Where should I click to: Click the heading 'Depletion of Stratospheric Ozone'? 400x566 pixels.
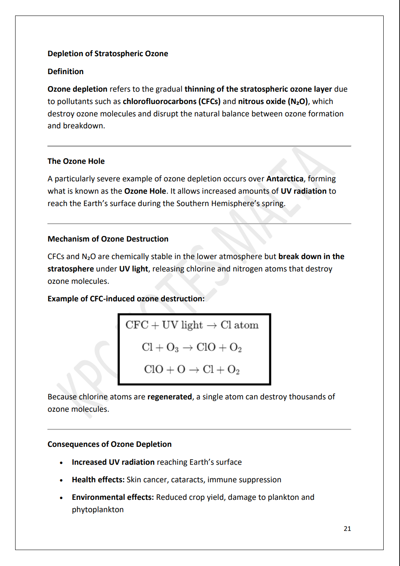click(108, 54)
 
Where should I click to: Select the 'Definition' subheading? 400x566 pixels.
click(65, 72)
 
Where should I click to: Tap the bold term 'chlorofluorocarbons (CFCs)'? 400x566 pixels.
click(171, 102)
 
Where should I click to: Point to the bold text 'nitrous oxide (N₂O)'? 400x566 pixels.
click(273, 102)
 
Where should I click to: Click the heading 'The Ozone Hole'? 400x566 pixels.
click(76, 161)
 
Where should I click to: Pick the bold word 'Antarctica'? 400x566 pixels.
click(285, 179)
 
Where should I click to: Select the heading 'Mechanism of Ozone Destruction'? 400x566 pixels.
click(108, 239)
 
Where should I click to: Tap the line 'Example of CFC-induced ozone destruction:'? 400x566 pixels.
click(126, 299)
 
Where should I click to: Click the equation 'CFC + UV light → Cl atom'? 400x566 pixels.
click(192, 325)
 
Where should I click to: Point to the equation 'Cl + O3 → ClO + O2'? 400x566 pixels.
click(192, 348)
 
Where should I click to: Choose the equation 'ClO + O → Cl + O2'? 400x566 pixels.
click(192, 369)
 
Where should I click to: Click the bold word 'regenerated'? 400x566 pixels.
click(170, 397)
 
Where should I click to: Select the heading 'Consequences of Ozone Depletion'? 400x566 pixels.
click(110, 444)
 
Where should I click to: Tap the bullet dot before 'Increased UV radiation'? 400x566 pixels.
click(61, 463)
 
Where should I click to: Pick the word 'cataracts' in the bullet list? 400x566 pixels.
click(187, 480)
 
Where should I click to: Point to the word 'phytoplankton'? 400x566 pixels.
click(98, 510)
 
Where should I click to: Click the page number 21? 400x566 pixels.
click(347, 529)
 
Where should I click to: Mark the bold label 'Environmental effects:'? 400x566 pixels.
click(113, 497)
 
